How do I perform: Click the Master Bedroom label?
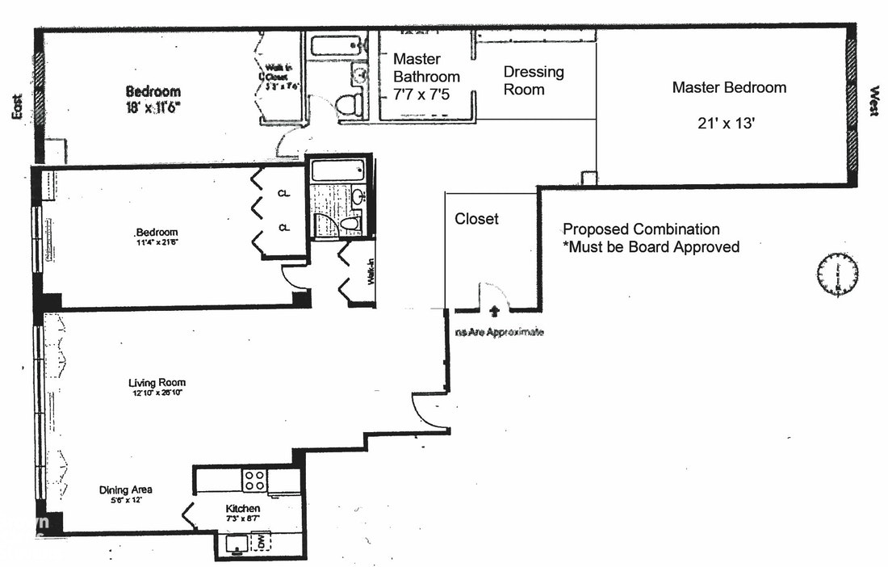(729, 87)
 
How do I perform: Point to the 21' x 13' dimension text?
(729, 124)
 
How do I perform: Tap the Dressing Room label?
(534, 81)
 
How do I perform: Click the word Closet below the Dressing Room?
(476, 219)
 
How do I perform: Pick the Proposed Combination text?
(641, 229)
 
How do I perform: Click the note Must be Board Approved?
(651, 247)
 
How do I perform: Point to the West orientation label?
(873, 102)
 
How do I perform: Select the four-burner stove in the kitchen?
(255, 480)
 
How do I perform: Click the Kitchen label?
(242, 509)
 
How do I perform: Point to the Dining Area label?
(126, 490)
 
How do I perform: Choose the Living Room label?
(157, 383)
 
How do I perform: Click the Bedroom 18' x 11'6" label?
(153, 99)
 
